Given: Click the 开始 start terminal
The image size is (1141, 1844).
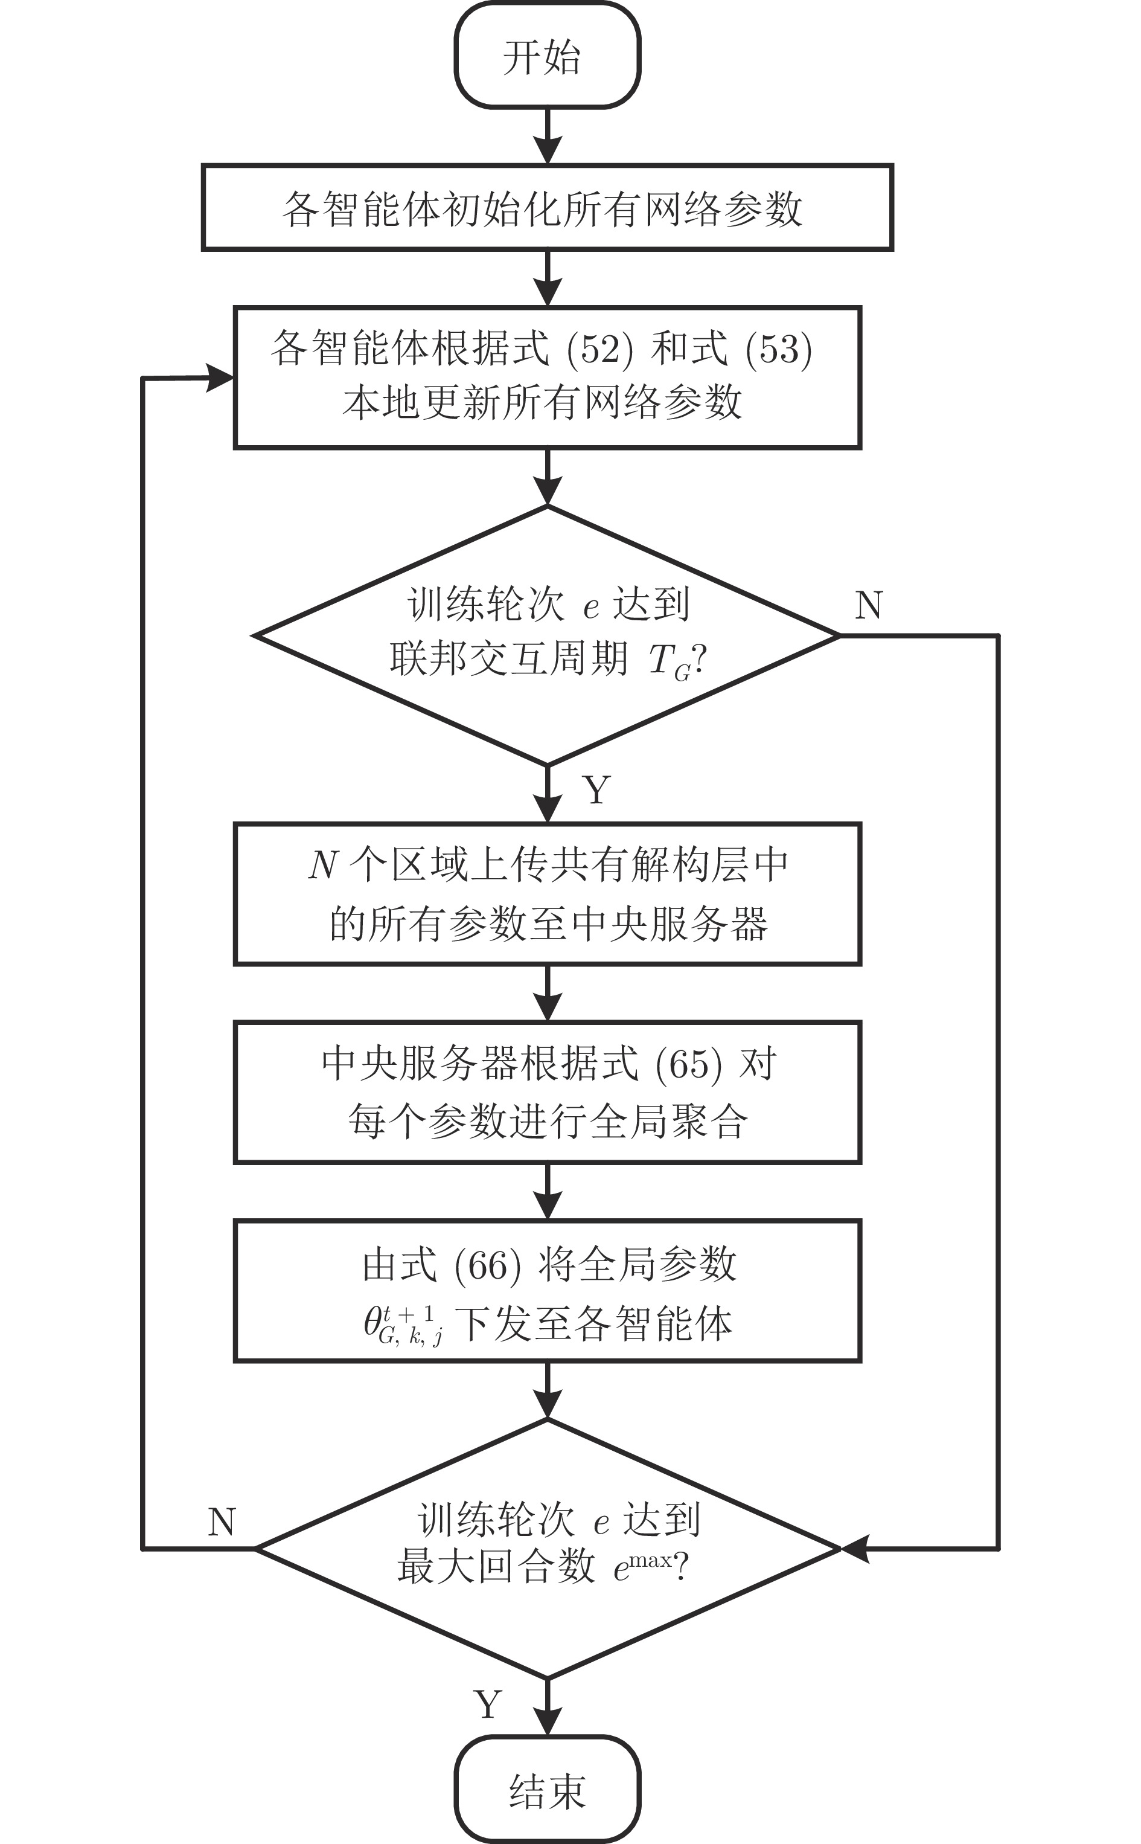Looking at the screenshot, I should point(547,57).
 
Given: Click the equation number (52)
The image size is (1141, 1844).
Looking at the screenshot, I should point(600,350).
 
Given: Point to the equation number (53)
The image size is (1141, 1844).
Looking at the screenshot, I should point(778,350).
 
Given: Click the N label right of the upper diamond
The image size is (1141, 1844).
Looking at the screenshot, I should point(869,605).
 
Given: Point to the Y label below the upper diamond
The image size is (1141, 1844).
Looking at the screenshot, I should point(596,790).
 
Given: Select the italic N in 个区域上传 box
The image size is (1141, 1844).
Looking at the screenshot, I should point(322,865).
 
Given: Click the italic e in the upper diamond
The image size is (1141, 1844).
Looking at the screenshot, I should point(591,608).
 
